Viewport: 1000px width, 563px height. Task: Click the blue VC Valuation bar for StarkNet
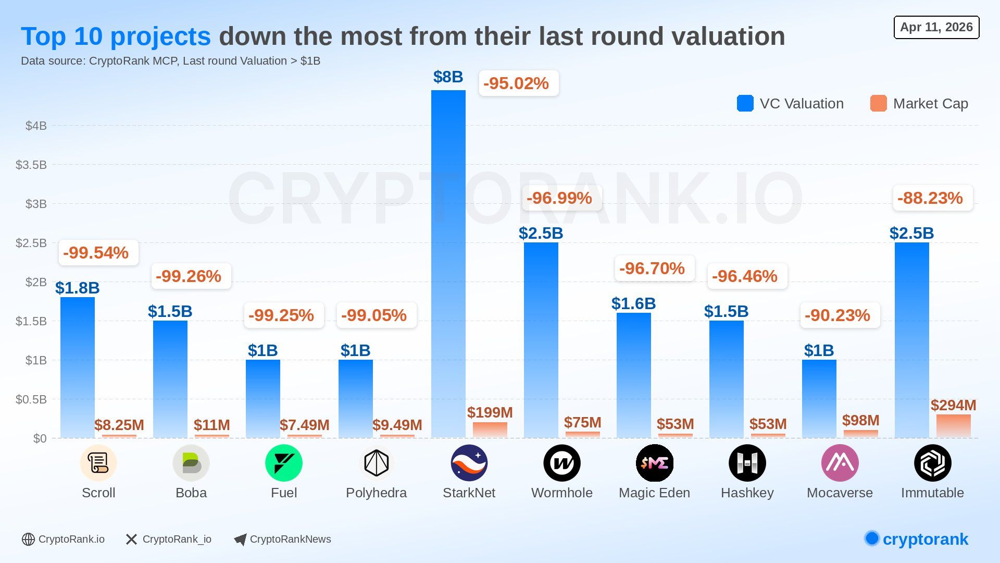click(x=448, y=263)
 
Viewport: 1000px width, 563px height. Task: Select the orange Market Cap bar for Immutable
click(x=953, y=426)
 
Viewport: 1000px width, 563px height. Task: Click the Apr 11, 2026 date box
click(x=936, y=27)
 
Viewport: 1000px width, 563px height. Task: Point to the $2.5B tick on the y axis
click(x=31, y=243)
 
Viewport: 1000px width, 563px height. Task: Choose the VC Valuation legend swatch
click(x=745, y=103)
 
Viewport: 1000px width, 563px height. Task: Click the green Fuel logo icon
click(x=283, y=463)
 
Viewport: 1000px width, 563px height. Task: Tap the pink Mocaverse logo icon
click(x=840, y=463)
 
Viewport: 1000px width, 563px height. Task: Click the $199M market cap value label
click(x=490, y=412)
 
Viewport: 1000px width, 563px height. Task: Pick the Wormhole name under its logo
click(x=561, y=493)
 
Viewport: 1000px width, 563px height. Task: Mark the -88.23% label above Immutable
click(x=930, y=198)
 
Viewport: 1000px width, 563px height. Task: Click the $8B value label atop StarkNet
click(x=448, y=77)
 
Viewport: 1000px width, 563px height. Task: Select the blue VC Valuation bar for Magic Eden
click(x=633, y=375)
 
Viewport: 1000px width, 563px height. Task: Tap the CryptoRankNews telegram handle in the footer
click(x=290, y=539)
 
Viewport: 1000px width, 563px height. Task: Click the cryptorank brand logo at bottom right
click(x=917, y=539)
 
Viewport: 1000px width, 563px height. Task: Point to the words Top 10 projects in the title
click(x=116, y=36)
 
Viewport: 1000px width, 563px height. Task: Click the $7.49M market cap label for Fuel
click(x=304, y=425)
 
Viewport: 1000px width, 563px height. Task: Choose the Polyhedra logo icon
click(x=376, y=463)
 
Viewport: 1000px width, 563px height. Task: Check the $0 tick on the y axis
click(x=40, y=438)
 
